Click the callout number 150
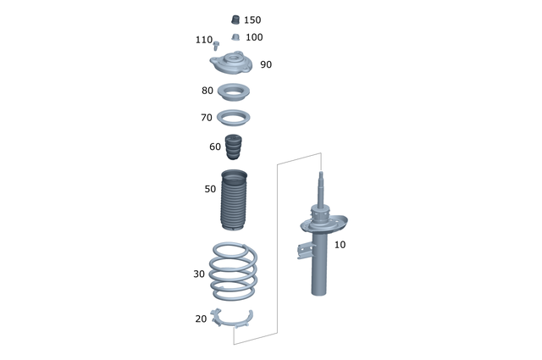click(x=252, y=19)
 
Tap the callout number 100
click(x=254, y=37)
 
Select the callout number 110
click(x=203, y=40)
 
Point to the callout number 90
click(x=266, y=64)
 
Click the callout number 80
click(x=207, y=91)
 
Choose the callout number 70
click(x=207, y=118)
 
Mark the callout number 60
click(x=215, y=147)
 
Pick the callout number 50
click(x=210, y=189)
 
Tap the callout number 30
click(x=199, y=274)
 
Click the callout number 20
click(x=201, y=318)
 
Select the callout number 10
click(x=340, y=245)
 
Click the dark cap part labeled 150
click(x=235, y=19)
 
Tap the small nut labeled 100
click(x=235, y=37)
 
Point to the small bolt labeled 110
click(x=217, y=42)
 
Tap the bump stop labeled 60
click(x=234, y=147)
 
